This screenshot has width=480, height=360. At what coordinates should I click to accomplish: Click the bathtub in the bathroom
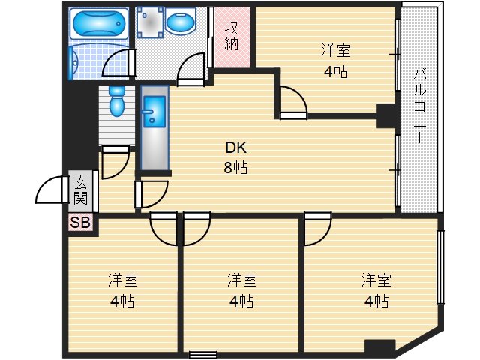[99, 24]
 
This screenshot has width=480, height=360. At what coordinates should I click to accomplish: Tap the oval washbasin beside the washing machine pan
[180, 25]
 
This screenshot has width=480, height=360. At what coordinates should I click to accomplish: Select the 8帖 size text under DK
[235, 167]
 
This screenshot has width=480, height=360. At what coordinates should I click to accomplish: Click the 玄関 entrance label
[80, 192]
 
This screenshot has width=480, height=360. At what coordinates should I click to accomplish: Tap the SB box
[79, 223]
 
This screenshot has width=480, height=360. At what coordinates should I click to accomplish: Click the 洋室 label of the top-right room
[335, 51]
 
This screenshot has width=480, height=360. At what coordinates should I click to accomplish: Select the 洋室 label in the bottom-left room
[122, 280]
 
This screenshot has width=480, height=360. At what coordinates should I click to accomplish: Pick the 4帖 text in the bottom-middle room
[242, 301]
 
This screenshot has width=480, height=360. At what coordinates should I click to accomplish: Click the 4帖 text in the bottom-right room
[375, 301]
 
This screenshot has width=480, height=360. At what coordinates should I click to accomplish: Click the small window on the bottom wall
[202, 355]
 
